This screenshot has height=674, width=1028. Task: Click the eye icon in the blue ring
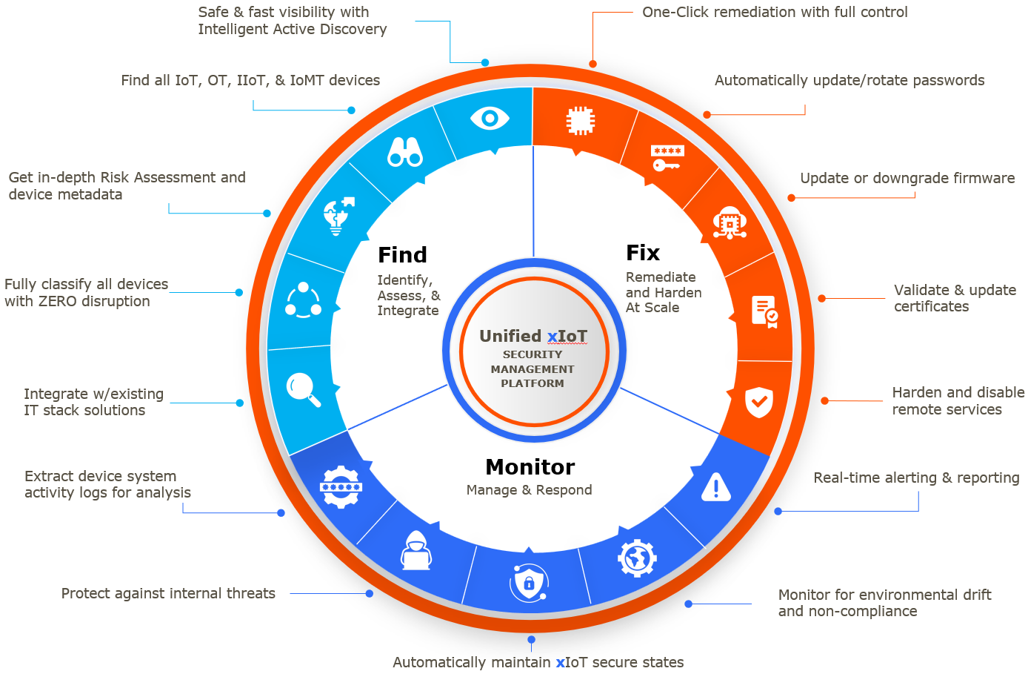[x=490, y=118]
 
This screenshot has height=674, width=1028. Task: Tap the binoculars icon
[x=405, y=152]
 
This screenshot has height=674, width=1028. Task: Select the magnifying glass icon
[x=304, y=389]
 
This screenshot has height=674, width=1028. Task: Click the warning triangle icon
[x=715, y=487]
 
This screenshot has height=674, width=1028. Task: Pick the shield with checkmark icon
[x=758, y=402]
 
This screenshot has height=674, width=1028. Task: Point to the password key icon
[x=667, y=158]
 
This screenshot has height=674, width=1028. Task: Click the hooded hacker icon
[x=416, y=551]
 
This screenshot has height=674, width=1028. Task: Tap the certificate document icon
[x=764, y=311]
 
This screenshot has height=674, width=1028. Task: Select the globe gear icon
[x=637, y=558]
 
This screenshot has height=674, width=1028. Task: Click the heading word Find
[x=402, y=255]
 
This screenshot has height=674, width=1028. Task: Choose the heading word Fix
[x=643, y=253]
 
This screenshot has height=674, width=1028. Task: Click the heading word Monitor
[x=530, y=467]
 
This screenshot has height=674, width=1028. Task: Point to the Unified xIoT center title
[x=533, y=337]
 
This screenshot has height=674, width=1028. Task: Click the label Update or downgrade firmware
[x=907, y=178]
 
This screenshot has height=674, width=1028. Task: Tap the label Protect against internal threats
[x=168, y=593]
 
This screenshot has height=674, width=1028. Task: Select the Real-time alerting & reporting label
[x=916, y=478]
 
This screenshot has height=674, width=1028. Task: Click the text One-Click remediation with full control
[x=775, y=12]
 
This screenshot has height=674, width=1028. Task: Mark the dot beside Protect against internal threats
[x=369, y=593]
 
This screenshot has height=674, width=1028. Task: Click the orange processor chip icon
[x=580, y=121]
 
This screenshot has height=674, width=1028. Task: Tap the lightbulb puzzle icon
[x=338, y=216]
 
